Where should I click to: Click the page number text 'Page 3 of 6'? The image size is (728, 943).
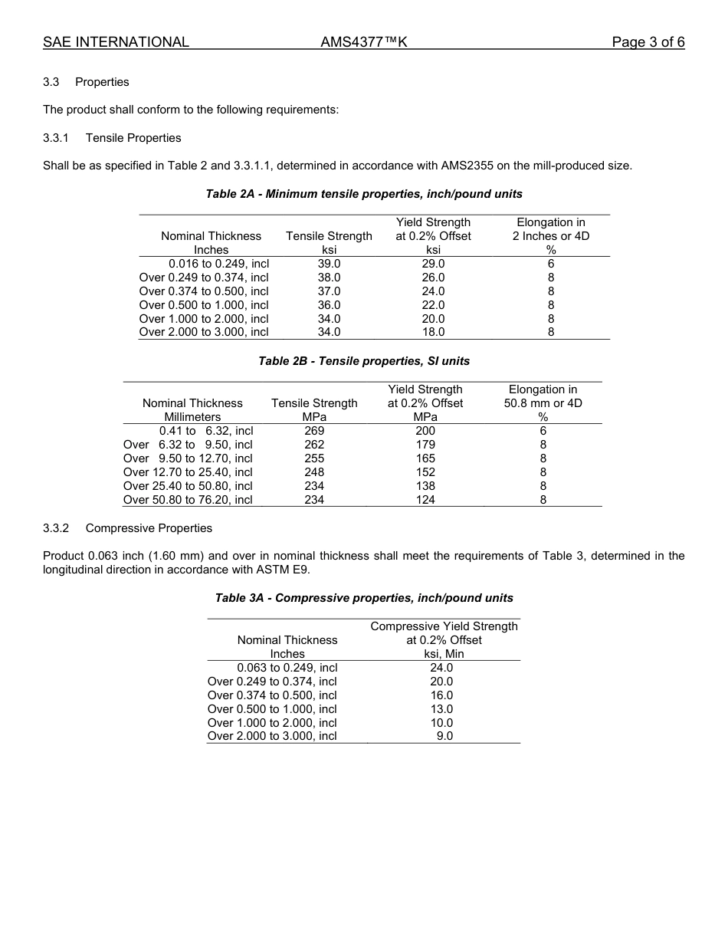coord(648,42)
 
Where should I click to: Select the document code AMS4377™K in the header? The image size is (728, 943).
coord(363,42)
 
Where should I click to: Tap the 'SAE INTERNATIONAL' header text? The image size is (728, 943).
coord(116,42)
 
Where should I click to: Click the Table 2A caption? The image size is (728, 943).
coord(364,194)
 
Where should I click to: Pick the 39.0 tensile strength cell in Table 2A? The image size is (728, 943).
coord(329,264)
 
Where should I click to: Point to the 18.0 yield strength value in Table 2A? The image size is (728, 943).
coord(433,333)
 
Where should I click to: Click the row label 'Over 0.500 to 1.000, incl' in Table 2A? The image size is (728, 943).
coord(204,305)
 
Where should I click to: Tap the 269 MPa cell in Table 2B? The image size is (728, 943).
coord(314,431)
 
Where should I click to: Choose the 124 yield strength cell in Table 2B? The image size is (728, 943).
coord(425,500)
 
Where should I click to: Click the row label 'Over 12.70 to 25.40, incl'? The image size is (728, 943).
coord(188,472)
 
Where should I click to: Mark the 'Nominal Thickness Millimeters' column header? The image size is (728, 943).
coord(192,410)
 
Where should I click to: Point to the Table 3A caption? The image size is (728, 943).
coord(364,598)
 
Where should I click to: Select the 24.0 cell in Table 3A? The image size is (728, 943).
coord(441,668)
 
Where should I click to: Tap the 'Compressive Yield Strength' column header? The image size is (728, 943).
coord(444,627)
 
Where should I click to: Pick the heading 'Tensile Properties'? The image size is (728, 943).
coord(133,138)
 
